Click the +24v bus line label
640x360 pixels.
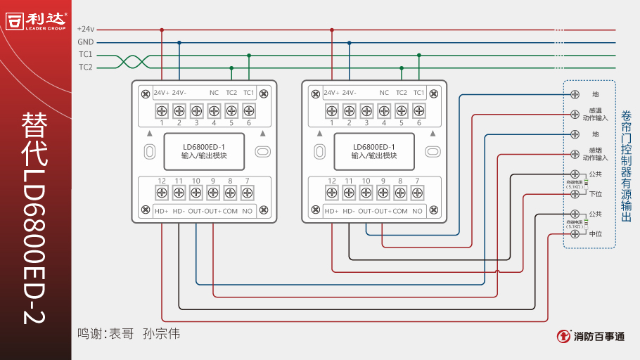coord(85,30)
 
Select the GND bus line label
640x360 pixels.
coord(85,42)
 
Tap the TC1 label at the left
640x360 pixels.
coord(85,55)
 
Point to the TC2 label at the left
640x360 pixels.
coord(85,67)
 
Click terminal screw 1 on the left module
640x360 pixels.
coord(162,110)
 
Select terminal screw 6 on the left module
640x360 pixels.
coord(248,110)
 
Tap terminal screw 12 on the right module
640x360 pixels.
coord(332,192)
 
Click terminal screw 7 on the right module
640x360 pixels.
coord(418,192)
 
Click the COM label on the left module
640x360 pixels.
coord(230,211)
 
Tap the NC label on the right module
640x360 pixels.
coord(384,93)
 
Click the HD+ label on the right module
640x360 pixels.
coord(332,211)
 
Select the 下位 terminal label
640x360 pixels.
coord(595,194)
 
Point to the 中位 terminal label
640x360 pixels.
coord(595,233)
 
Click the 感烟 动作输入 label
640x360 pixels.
coord(595,153)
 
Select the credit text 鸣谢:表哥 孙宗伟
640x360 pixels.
coord(129,334)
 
